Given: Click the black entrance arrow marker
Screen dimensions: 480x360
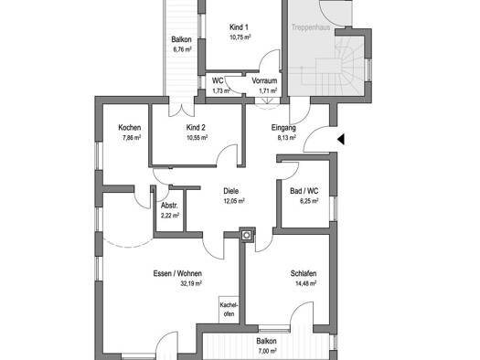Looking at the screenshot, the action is (341, 139).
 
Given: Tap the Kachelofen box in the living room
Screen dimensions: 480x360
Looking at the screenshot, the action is (229, 309).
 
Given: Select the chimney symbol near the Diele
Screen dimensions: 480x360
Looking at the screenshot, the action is (247, 235).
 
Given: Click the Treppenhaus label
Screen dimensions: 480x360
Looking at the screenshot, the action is (311, 27).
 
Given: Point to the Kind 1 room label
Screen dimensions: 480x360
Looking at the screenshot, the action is (239, 27).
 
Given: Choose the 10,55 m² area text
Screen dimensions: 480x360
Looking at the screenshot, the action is (197, 138).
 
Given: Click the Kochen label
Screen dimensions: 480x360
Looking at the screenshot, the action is (130, 128).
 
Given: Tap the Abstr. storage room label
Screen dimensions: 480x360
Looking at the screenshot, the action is (169, 206).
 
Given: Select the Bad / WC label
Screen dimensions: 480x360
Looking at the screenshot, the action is (304, 191).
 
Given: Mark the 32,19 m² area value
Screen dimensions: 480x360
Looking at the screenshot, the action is (191, 283).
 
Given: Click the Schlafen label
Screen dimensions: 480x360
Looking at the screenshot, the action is (304, 273).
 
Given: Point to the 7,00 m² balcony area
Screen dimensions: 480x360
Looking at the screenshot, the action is (267, 351).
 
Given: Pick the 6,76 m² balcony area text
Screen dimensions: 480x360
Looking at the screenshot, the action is (182, 49).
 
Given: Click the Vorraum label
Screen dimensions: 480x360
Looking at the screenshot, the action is (264, 80).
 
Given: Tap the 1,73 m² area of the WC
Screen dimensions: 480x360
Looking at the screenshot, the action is (221, 90).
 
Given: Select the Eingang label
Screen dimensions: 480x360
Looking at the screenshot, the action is (283, 128).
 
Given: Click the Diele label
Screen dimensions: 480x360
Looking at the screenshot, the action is (230, 191).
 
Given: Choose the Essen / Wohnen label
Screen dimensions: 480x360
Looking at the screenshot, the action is (177, 273).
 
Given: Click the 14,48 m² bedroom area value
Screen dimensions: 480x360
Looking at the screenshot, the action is (305, 283).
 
